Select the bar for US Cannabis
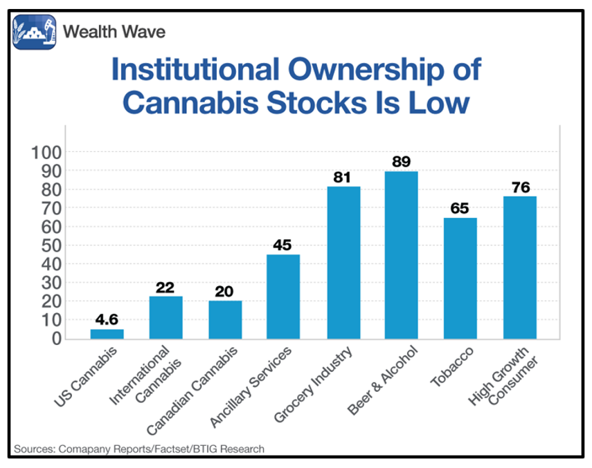pyautogui.click(x=107, y=334)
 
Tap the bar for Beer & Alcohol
pyautogui.click(x=401, y=255)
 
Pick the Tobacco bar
pyautogui.click(x=460, y=279)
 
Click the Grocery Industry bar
pyautogui.click(x=343, y=263)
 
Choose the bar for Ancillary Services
pyautogui.click(x=283, y=297)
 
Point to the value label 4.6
pyautogui.click(x=107, y=319)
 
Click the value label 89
pyautogui.click(x=401, y=162)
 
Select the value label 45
pyautogui.click(x=283, y=245)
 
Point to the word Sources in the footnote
pyautogui.click(x=33, y=449)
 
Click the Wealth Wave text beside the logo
pyautogui.click(x=114, y=32)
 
